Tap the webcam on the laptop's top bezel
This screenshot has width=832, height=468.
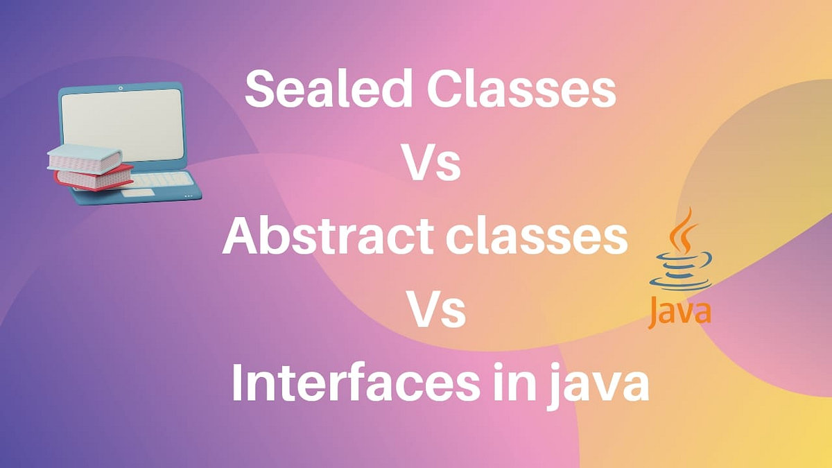[x=121, y=88]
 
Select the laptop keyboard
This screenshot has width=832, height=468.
[x=164, y=180]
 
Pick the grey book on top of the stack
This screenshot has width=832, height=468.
[x=84, y=159]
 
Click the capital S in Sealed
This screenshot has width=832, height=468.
[x=258, y=90]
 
